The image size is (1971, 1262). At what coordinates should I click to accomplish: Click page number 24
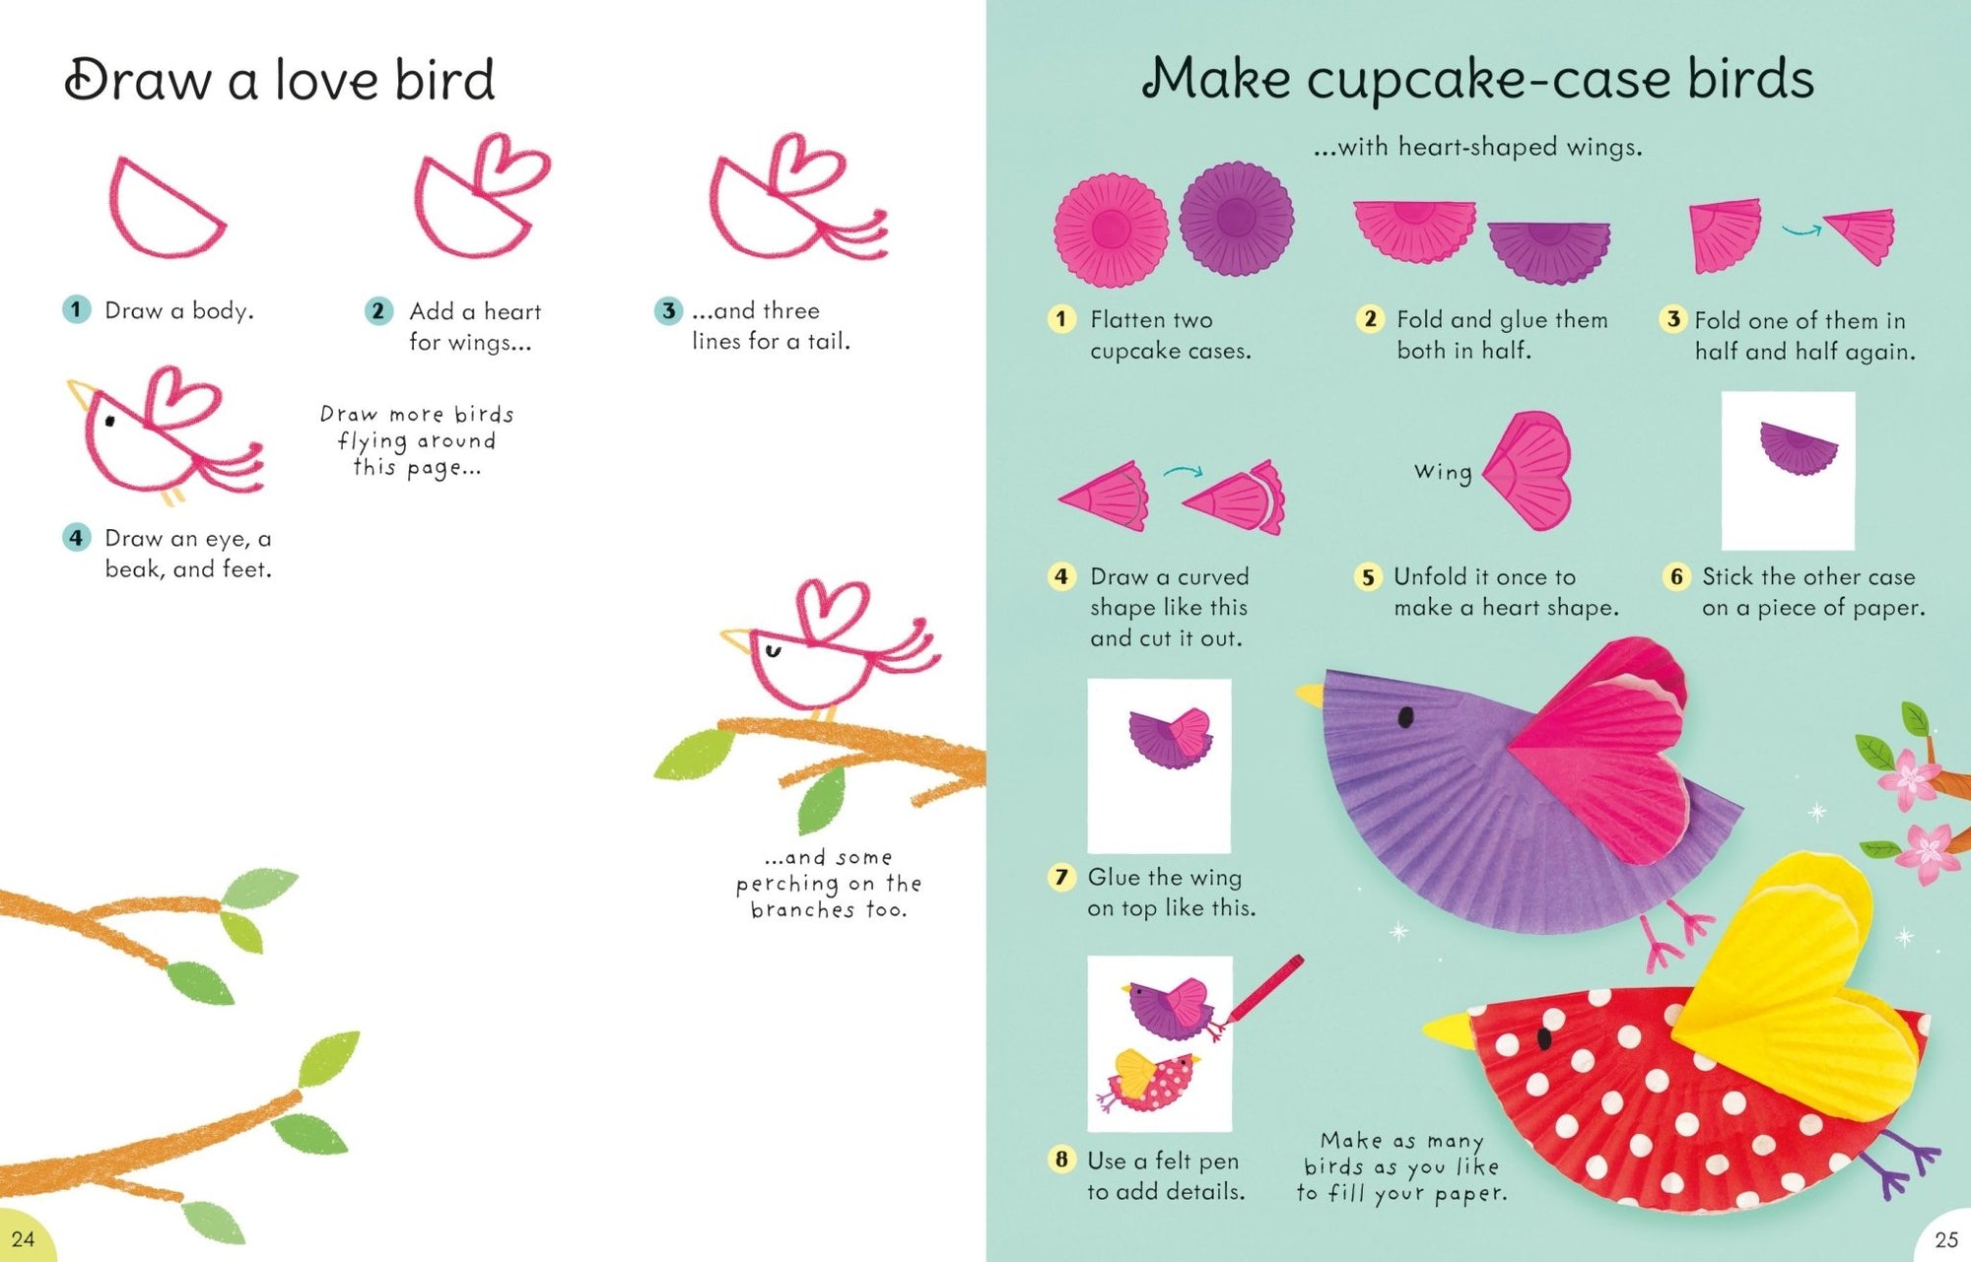23,1238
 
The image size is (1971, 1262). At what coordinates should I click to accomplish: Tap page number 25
1946,1239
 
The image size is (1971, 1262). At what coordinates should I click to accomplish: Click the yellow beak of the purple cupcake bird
1310,695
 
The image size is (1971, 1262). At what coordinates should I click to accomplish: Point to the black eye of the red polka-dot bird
1544,1036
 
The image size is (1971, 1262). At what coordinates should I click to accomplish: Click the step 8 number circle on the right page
1060,1160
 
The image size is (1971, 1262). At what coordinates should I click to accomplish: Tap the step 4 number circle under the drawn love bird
76,538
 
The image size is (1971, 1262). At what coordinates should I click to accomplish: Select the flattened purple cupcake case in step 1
1236,219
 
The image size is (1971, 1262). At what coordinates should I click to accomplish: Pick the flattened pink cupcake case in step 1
1111,231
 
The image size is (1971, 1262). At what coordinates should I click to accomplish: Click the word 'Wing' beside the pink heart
1443,472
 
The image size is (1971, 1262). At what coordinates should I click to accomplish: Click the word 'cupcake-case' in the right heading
1488,80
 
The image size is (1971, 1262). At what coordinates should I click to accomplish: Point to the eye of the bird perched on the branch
774,650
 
